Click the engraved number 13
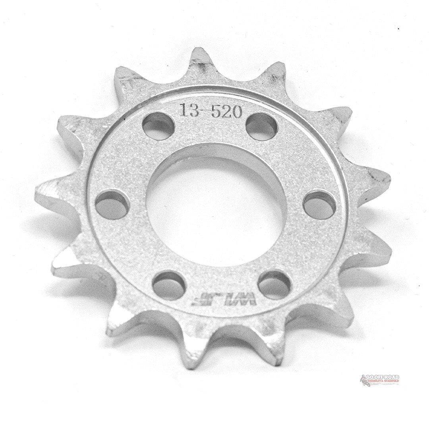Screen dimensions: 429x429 [188, 110]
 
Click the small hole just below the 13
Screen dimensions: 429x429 [158, 126]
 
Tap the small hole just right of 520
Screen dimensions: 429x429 [261, 127]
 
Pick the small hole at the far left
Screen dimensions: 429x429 [112, 205]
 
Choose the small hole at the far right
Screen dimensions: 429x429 [319, 205]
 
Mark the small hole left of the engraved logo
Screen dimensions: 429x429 [169, 285]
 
